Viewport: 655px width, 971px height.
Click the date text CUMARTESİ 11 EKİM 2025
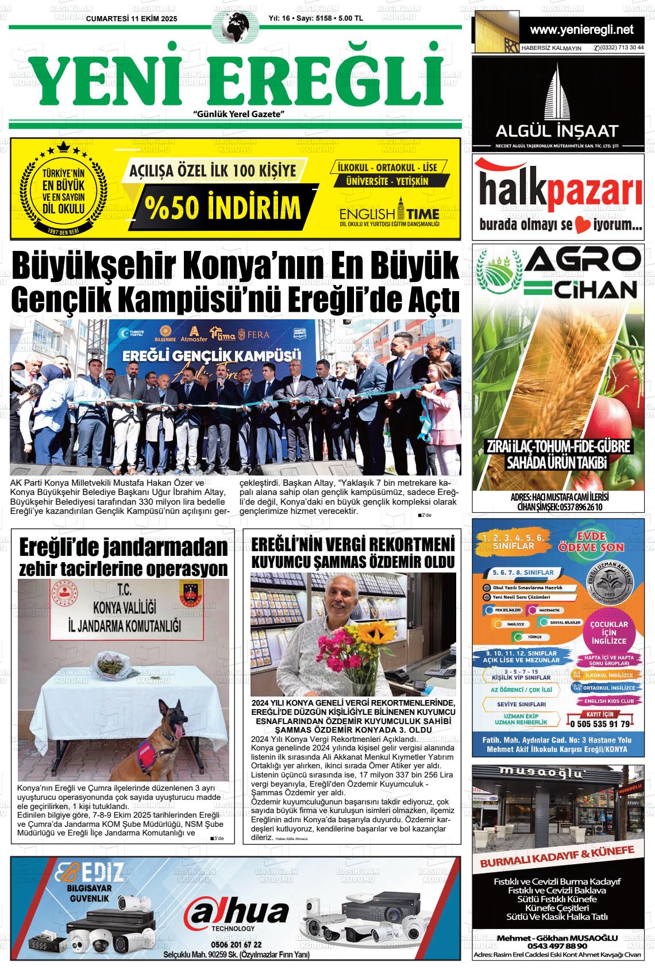132,19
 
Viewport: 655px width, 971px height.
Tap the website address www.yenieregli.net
581,30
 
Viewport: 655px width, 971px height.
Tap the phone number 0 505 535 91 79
598,724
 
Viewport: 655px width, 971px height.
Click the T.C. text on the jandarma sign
122,590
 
